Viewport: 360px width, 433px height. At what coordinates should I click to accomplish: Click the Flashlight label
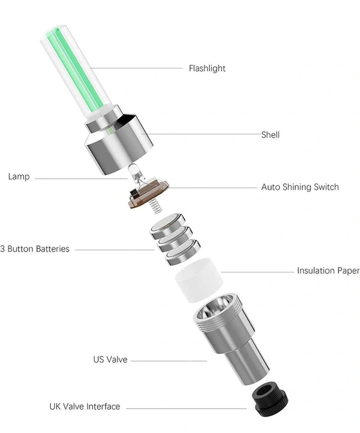[207, 68]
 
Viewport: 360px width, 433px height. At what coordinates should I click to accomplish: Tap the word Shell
[271, 135]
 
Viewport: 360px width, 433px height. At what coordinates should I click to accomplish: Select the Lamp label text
[19, 177]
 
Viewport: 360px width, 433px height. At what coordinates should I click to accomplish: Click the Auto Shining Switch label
[300, 187]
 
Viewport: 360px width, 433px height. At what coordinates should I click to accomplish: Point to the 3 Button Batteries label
[35, 249]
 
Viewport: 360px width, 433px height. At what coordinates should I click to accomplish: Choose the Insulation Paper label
[328, 270]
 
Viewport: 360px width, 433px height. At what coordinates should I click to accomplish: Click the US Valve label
[110, 360]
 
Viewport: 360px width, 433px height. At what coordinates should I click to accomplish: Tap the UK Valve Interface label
[85, 407]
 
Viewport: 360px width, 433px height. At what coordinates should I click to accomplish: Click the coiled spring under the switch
[155, 206]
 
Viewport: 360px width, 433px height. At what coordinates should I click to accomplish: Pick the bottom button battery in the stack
[183, 252]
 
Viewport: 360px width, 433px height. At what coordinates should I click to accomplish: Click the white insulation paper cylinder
[199, 279]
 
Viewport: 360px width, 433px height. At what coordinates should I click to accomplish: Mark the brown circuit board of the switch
[148, 194]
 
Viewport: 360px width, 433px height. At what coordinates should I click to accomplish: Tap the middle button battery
[175, 239]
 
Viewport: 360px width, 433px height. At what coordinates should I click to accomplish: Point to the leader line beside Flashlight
[136, 68]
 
